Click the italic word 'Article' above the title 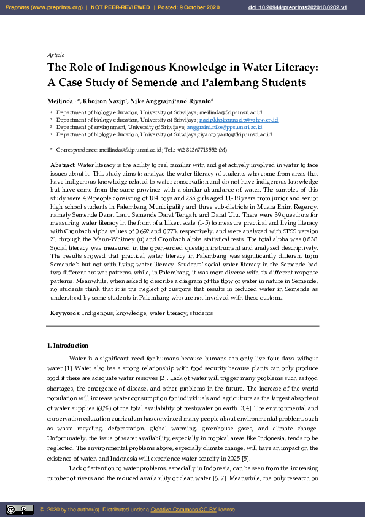(x=56, y=55)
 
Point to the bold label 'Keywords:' (x=65, y=313)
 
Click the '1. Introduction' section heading (x=67, y=346)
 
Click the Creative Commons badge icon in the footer (x=20, y=509)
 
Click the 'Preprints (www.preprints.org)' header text (x=44, y=7)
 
